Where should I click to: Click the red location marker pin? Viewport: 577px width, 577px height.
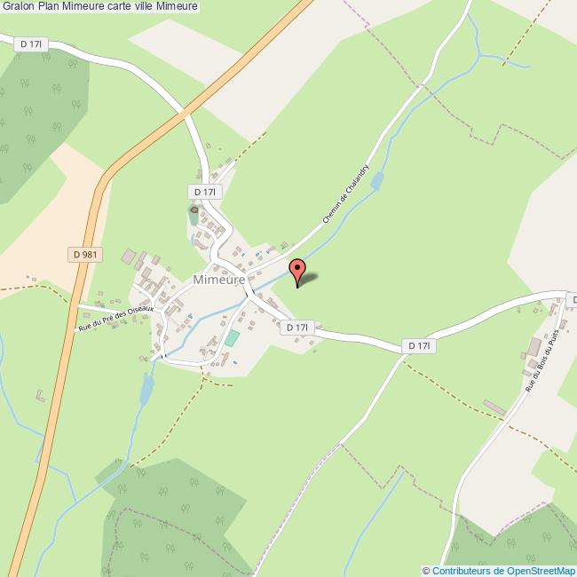pyautogui.click(x=298, y=269)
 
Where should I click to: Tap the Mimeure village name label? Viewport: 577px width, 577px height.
pyautogui.click(x=219, y=280)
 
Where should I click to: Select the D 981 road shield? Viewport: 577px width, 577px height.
pyautogui.click(x=86, y=255)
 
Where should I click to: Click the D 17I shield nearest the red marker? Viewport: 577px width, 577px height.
pyautogui.click(x=297, y=328)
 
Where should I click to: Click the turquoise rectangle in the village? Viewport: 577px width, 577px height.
pyautogui.click(x=232, y=338)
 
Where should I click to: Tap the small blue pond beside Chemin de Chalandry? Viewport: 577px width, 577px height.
pyautogui.click(x=376, y=182)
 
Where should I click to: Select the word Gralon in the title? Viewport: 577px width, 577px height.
pyautogui.click(x=19, y=7)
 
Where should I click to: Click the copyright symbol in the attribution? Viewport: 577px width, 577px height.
pyautogui.click(x=427, y=571)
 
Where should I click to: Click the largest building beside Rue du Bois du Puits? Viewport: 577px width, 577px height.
pyautogui.click(x=535, y=345)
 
